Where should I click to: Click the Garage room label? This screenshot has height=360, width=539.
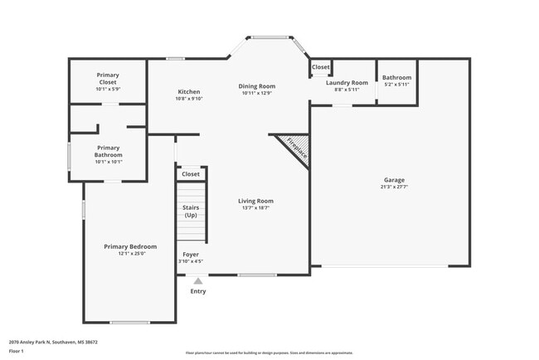click(x=394, y=180)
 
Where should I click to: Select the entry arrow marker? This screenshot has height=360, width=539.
click(x=197, y=282)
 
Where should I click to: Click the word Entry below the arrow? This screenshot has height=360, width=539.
click(x=198, y=291)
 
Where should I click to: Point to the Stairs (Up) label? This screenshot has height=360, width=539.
click(x=191, y=212)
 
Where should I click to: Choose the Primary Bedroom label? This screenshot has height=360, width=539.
click(x=130, y=246)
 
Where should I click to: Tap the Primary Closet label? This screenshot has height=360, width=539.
click(x=108, y=79)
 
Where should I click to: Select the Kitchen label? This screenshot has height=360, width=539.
click(x=189, y=91)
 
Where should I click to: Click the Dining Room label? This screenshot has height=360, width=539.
click(x=257, y=86)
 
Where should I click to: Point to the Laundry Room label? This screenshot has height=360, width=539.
click(x=347, y=82)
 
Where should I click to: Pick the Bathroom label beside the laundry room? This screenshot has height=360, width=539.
click(x=396, y=78)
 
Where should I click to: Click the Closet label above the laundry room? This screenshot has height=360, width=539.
click(x=320, y=66)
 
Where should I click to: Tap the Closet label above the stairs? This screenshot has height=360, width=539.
click(x=191, y=174)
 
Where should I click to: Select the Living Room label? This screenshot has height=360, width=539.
click(x=255, y=201)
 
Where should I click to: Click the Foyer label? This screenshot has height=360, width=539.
click(x=191, y=255)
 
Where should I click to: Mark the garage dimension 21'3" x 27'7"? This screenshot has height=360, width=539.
click(x=394, y=187)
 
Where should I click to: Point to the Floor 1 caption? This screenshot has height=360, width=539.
click(x=17, y=351)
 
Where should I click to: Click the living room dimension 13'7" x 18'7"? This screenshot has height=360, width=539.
click(x=255, y=207)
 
